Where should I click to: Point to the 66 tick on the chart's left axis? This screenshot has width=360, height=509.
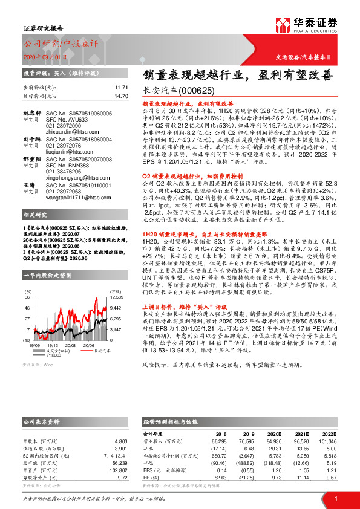(x=27, y=297)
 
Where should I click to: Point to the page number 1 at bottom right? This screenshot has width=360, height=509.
(x=335, y=499)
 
